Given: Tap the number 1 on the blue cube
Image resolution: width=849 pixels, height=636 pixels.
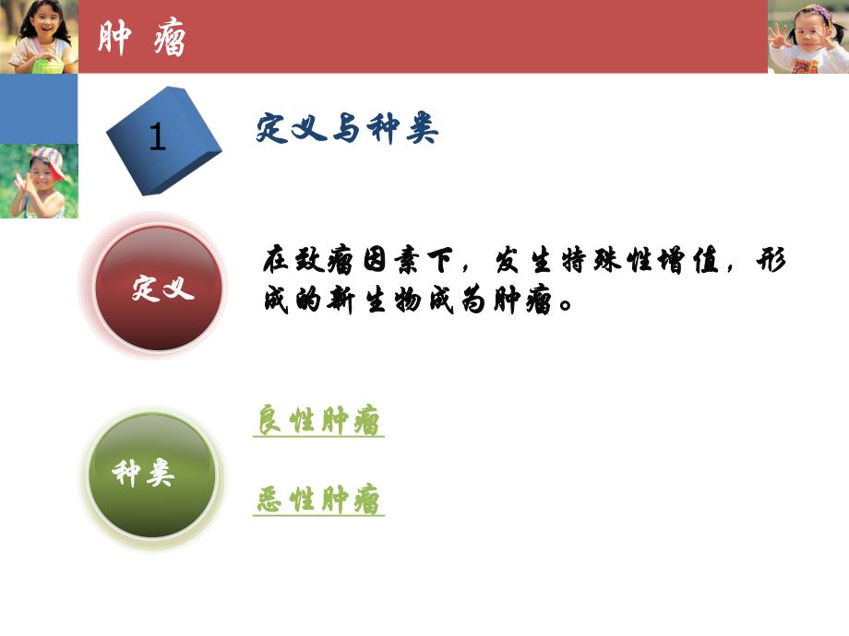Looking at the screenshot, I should pos(157,138).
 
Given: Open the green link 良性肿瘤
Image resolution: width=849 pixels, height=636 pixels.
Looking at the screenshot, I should pos(318,422).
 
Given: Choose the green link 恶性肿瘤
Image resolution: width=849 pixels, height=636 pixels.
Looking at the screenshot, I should pos(318,501).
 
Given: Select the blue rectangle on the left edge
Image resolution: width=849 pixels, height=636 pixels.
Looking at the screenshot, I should pos(39,109).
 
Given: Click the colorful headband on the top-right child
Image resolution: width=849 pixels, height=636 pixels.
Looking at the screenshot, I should pos(812,11).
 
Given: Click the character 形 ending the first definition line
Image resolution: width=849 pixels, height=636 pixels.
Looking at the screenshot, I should pos(771,261).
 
